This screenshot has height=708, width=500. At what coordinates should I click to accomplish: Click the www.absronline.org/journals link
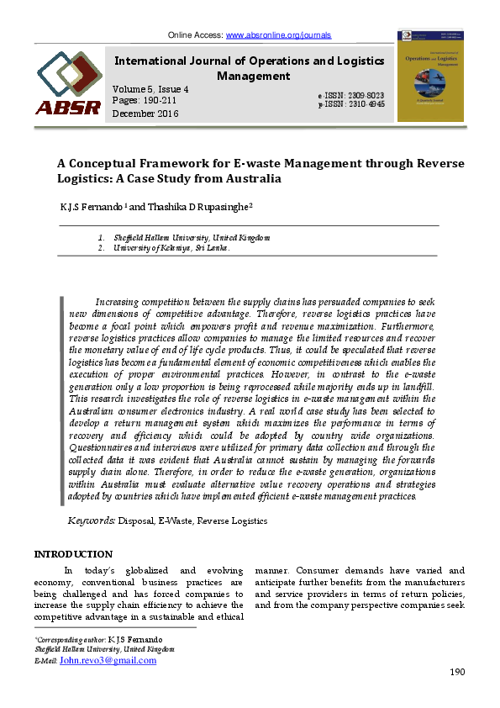point(278,35)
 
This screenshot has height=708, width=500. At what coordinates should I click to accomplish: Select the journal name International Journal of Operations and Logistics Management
point(249,68)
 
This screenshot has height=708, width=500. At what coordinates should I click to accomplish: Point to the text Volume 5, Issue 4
point(150,89)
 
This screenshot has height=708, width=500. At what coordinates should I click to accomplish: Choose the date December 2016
point(145,114)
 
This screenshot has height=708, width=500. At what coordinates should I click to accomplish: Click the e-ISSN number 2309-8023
point(364,97)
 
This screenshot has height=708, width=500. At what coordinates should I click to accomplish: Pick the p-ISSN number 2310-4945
point(364,105)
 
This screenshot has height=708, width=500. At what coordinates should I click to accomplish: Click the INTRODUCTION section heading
point(72,554)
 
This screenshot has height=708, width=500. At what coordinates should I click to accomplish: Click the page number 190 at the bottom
point(457,672)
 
